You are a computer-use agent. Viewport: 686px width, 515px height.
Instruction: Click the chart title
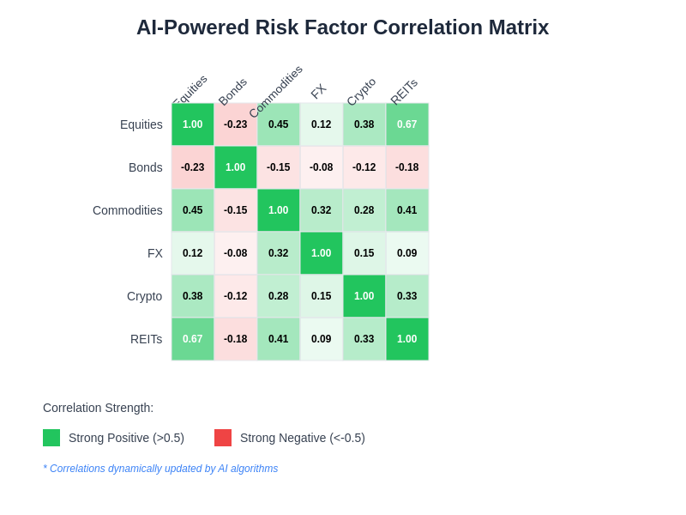click(342, 27)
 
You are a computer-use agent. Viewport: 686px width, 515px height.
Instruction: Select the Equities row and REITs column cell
click(407, 124)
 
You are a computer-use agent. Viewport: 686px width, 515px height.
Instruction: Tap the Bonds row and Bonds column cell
click(236, 167)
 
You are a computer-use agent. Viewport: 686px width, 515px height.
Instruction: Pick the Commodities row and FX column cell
click(322, 210)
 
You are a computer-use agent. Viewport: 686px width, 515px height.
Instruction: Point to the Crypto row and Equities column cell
click(193, 296)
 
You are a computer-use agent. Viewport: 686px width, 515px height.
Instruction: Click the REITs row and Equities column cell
click(193, 339)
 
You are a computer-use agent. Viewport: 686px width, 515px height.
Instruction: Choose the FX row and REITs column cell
click(407, 253)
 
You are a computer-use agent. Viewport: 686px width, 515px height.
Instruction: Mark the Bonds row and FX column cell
click(322, 167)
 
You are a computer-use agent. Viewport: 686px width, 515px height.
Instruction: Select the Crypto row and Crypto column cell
click(364, 296)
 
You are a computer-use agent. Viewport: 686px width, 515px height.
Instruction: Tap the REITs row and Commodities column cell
click(279, 339)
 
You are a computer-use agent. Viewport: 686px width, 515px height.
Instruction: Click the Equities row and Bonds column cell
click(236, 124)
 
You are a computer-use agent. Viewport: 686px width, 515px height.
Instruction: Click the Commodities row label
click(127, 210)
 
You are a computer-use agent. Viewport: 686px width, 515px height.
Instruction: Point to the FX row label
click(154, 253)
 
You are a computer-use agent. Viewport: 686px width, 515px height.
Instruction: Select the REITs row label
click(146, 339)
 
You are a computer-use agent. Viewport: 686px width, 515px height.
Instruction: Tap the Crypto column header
click(361, 91)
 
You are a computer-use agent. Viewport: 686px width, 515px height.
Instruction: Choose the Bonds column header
click(232, 91)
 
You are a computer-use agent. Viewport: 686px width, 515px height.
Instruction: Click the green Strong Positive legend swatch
click(51, 438)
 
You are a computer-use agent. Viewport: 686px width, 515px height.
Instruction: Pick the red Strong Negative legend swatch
click(223, 438)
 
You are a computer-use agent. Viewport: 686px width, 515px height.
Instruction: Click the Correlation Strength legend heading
click(98, 408)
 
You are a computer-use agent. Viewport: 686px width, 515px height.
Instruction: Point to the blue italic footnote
click(160, 469)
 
